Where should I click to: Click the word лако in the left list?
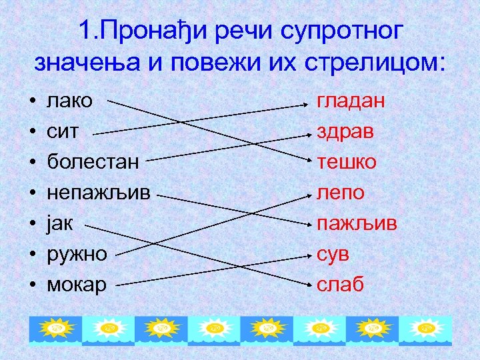pos(69,101)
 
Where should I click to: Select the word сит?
pos(62,131)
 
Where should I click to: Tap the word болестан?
pos(93,162)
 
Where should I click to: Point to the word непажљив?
pos(99,193)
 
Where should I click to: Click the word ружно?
pos(77,255)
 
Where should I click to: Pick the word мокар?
pos(77,285)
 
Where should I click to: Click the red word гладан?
pos(351,101)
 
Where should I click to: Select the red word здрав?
pos(345,131)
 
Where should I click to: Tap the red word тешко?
pos(347,162)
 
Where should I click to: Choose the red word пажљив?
pos(357,223)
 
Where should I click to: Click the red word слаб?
pos(340,285)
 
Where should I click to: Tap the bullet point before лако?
pos(32,102)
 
